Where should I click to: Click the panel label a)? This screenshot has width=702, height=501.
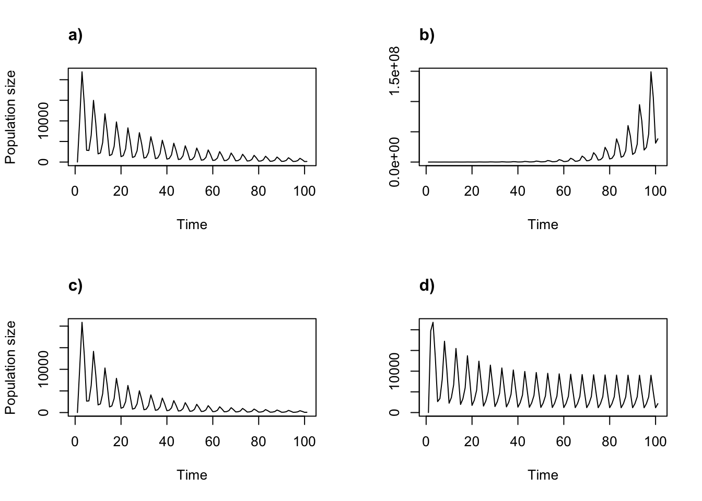[75, 35]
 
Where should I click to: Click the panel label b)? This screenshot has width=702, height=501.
[427, 35]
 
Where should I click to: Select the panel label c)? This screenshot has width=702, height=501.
[75, 286]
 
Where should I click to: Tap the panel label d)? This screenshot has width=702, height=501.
[427, 286]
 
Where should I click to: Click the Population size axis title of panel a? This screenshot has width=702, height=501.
[11, 117]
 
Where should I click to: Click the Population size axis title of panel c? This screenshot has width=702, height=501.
[11, 367]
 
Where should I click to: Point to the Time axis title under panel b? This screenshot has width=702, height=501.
[543, 225]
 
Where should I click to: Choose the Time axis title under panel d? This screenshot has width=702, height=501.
[543, 475]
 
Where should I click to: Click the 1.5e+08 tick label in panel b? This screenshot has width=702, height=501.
[395, 71]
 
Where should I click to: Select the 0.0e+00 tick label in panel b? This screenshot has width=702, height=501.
[395, 162]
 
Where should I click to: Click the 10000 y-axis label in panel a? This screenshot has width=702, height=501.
[44, 121]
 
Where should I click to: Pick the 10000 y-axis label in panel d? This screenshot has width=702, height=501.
[395, 372]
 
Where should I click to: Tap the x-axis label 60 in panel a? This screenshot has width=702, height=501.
[213, 192]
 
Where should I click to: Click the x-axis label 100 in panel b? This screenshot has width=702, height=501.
[655, 192]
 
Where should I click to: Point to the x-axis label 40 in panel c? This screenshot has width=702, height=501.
[167, 442]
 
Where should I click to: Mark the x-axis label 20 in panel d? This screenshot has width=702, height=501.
[472, 442]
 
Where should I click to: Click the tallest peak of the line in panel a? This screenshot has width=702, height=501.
[82, 72]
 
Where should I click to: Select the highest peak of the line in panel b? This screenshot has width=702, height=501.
[651, 72]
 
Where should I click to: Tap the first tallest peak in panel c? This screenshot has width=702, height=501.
[82, 323]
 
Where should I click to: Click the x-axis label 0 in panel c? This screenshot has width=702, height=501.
[75, 442]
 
